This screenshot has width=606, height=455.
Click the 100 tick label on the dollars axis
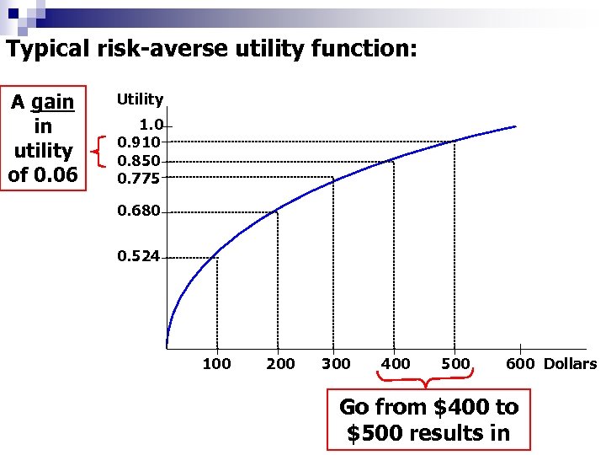[216, 364]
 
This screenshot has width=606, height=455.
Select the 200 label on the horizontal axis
[280, 364]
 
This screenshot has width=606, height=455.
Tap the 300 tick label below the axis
[336, 364]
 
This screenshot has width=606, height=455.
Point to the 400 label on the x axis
[396, 364]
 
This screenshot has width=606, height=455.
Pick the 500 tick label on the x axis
[455, 364]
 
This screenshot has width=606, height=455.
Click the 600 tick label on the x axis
[521, 364]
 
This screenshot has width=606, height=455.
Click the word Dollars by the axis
[570, 364]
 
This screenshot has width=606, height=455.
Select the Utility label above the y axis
[140, 99]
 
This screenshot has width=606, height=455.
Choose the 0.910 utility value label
[138, 142]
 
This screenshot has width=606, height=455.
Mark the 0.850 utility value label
[138, 160]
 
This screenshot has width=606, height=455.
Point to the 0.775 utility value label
[138, 178]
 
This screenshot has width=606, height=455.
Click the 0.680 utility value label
[138, 211]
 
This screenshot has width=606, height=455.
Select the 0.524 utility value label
[138, 256]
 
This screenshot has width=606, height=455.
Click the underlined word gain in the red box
[53, 102]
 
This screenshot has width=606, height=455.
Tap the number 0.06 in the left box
[55, 175]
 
